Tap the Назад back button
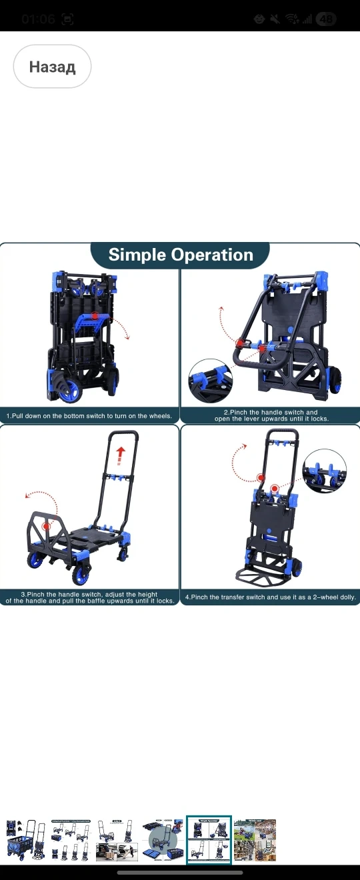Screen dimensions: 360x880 point(52,67)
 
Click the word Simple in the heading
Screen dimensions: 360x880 point(137,255)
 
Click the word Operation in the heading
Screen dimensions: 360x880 point(211,255)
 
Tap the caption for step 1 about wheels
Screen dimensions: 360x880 point(89,415)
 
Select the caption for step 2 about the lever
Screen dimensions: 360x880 point(271,415)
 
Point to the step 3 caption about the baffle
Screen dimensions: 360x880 point(89,597)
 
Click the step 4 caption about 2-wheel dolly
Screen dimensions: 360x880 point(271,597)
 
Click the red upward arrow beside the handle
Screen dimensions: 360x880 point(120,456)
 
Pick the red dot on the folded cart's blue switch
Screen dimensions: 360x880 point(95,316)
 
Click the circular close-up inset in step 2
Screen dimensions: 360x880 point(210,380)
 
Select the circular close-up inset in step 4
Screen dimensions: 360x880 point(325,471)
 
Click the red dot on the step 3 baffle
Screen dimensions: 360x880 point(47,526)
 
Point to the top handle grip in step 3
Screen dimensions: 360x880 point(123,433)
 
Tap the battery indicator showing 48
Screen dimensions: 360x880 point(326,19)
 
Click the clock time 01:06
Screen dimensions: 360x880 point(38,19)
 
